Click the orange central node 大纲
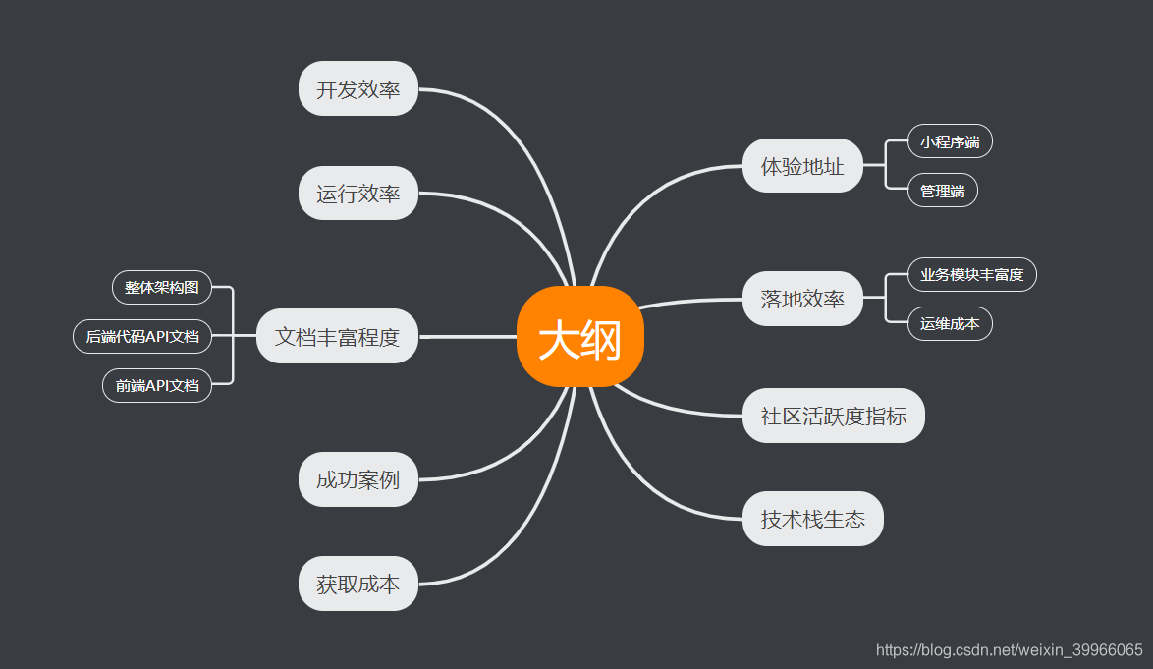tap(579, 337)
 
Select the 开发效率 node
tap(358, 88)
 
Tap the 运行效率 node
tap(358, 193)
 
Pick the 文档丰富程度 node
tap(337, 336)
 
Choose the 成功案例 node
tap(358, 479)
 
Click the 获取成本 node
tap(358, 584)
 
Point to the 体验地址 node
tap(802, 166)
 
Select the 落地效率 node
tap(802, 299)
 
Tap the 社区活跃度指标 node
tap(833, 416)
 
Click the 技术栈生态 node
tap(812, 519)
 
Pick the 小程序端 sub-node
tap(950, 141)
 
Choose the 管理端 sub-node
tap(942, 191)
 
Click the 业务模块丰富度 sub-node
tap(971, 274)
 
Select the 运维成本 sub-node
tap(950, 323)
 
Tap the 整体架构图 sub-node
tap(162, 287)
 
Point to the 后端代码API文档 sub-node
tap(142, 336)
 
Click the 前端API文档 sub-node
tap(157, 385)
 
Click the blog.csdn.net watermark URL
tap(1009, 649)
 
